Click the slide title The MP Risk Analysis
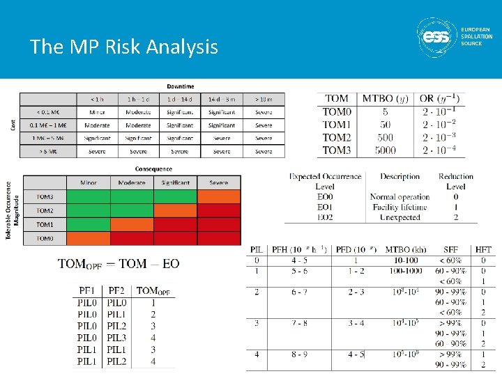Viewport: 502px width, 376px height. click(x=124, y=47)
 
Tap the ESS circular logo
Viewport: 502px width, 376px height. click(x=438, y=36)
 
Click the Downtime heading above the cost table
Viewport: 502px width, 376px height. click(x=181, y=86)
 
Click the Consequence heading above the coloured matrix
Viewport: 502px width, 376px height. click(x=153, y=169)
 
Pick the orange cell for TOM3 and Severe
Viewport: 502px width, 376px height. click(x=218, y=197)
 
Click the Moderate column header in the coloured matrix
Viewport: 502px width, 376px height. click(x=132, y=182)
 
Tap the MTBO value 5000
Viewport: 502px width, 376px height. click(x=385, y=150)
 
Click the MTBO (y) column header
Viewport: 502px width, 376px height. click(x=386, y=99)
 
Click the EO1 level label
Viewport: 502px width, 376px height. click(x=325, y=207)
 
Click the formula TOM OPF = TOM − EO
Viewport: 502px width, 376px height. click(x=119, y=264)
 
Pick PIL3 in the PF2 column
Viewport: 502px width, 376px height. click(x=117, y=338)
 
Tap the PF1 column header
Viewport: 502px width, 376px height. click(x=88, y=290)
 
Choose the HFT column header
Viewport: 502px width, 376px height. click(x=483, y=249)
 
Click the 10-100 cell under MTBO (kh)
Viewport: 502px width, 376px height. click(x=406, y=260)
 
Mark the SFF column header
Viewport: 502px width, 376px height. click(x=450, y=249)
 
